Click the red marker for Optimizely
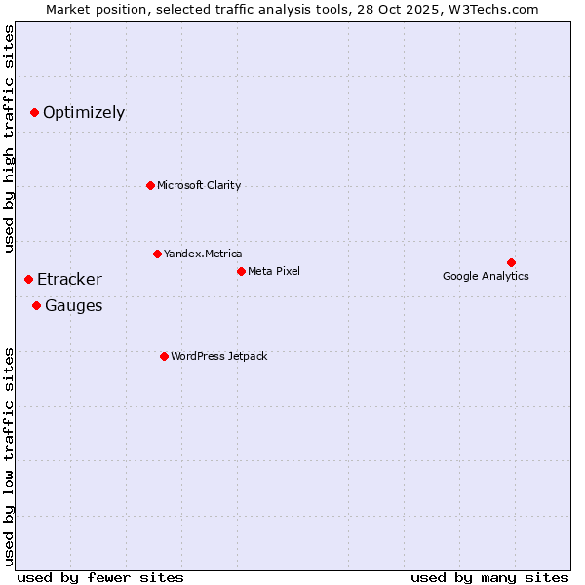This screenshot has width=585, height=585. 34,113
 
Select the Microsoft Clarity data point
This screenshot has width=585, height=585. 150,185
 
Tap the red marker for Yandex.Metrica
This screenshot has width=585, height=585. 157,253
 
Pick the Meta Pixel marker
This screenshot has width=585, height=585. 241,271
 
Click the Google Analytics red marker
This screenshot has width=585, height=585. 511,262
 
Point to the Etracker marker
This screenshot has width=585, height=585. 28,280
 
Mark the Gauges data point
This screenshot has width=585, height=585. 36,306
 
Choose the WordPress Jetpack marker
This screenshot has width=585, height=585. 164,356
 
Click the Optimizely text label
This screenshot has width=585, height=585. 84,113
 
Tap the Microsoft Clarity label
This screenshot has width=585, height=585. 199,185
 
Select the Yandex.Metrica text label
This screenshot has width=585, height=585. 203,253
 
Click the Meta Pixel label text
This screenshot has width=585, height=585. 274,271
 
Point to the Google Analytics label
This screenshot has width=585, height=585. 486,277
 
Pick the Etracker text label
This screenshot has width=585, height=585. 69,280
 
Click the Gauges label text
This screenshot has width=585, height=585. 73,306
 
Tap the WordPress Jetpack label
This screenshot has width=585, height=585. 218,356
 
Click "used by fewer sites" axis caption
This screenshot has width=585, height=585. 100,577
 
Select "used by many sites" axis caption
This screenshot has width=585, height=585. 489,577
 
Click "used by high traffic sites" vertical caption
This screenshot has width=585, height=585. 9,138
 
